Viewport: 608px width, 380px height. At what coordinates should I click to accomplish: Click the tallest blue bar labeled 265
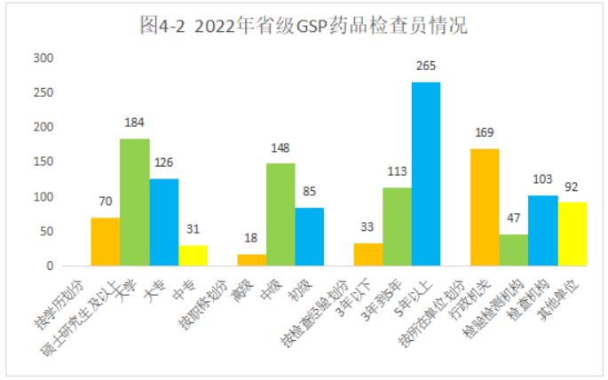click(x=426, y=174)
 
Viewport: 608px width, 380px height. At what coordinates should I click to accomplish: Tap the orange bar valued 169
click(x=484, y=208)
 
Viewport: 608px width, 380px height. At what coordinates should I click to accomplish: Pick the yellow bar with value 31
click(x=193, y=255)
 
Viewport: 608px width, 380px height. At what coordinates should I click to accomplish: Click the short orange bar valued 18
click(x=251, y=259)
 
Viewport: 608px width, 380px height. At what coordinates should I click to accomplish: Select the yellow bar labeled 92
click(x=572, y=234)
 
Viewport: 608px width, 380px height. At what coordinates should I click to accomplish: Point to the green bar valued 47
click(x=513, y=249)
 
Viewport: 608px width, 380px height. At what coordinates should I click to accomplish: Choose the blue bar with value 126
click(x=163, y=222)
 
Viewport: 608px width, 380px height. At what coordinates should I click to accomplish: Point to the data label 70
click(x=106, y=202)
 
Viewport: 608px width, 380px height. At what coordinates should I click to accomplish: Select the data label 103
click(x=542, y=179)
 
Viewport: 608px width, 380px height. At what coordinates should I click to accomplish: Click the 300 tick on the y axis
click(x=43, y=59)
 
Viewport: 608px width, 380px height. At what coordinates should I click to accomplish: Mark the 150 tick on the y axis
click(x=43, y=162)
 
